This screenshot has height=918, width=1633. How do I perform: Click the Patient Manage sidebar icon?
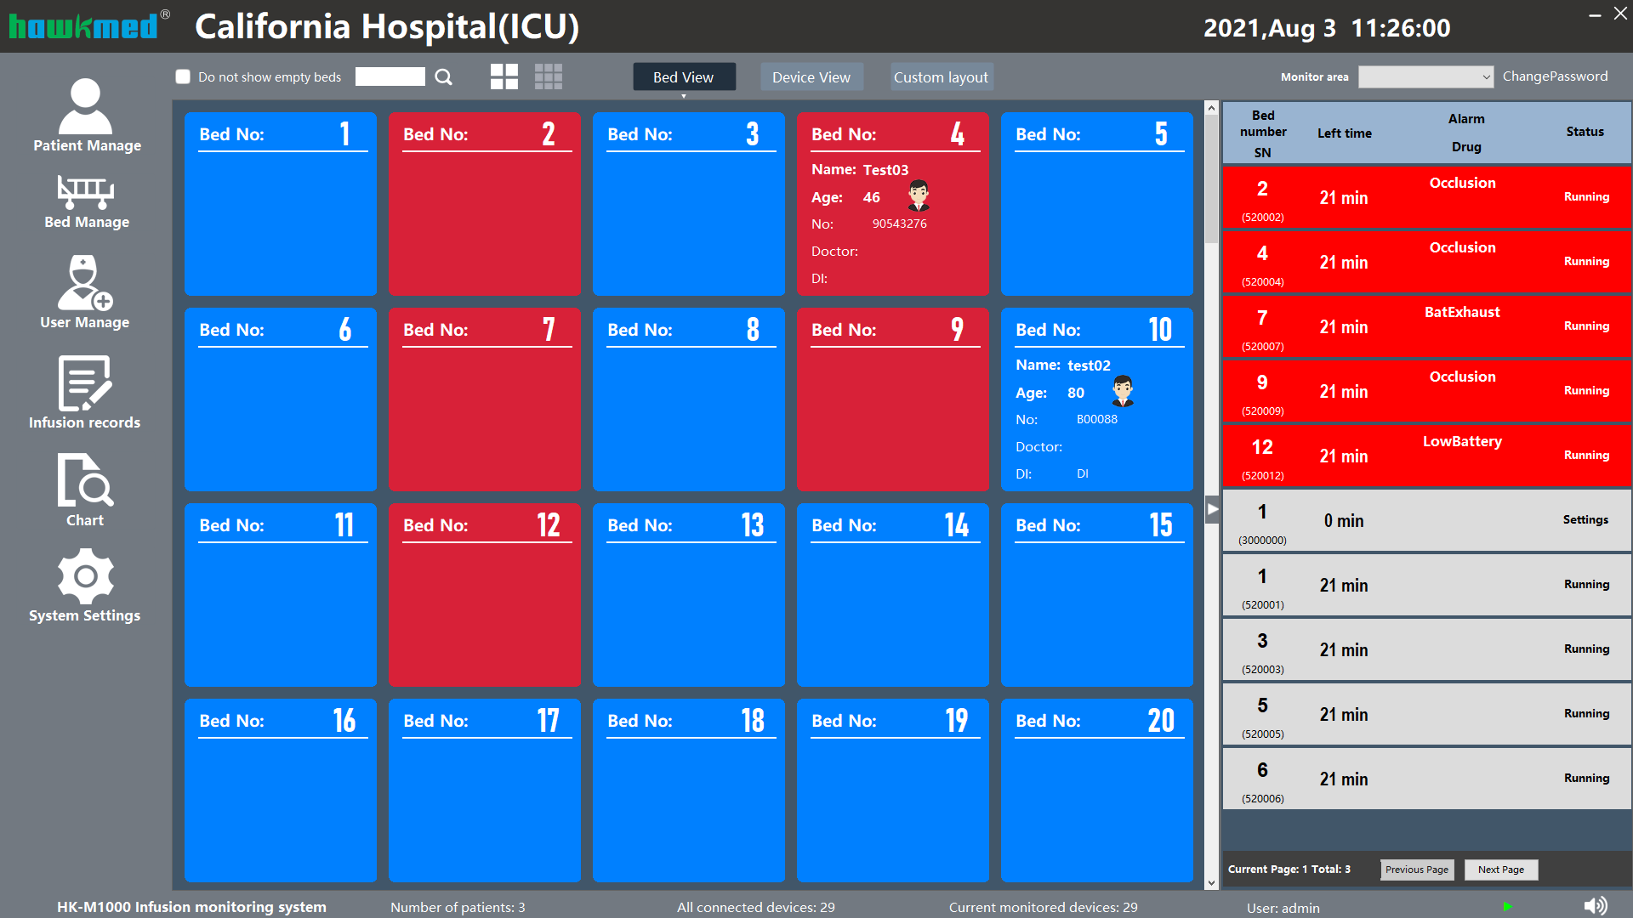(x=85, y=107)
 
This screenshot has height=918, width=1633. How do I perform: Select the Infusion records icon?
(x=84, y=383)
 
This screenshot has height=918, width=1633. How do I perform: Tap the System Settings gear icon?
(x=84, y=575)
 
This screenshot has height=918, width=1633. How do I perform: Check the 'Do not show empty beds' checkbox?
(x=183, y=77)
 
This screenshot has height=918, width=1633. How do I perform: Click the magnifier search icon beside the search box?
(x=443, y=77)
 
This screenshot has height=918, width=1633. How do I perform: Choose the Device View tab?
(x=811, y=77)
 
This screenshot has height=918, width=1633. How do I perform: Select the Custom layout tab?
(x=941, y=77)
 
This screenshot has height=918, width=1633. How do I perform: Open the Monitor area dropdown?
(x=1425, y=77)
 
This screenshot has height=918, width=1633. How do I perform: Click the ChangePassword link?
(x=1555, y=76)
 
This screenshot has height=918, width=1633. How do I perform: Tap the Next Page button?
(x=1500, y=870)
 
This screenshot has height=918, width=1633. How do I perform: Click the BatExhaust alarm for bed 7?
(x=1462, y=312)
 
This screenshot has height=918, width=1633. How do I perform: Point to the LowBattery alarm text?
(x=1462, y=441)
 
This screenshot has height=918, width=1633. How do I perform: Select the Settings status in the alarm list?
(x=1585, y=519)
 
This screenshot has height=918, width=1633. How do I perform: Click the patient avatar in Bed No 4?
(x=919, y=195)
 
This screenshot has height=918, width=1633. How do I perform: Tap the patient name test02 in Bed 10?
(x=1089, y=365)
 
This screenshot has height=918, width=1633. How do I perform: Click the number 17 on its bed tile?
(x=549, y=721)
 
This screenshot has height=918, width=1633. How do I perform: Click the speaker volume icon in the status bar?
(x=1596, y=906)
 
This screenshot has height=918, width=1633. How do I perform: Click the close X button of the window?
(x=1620, y=14)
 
